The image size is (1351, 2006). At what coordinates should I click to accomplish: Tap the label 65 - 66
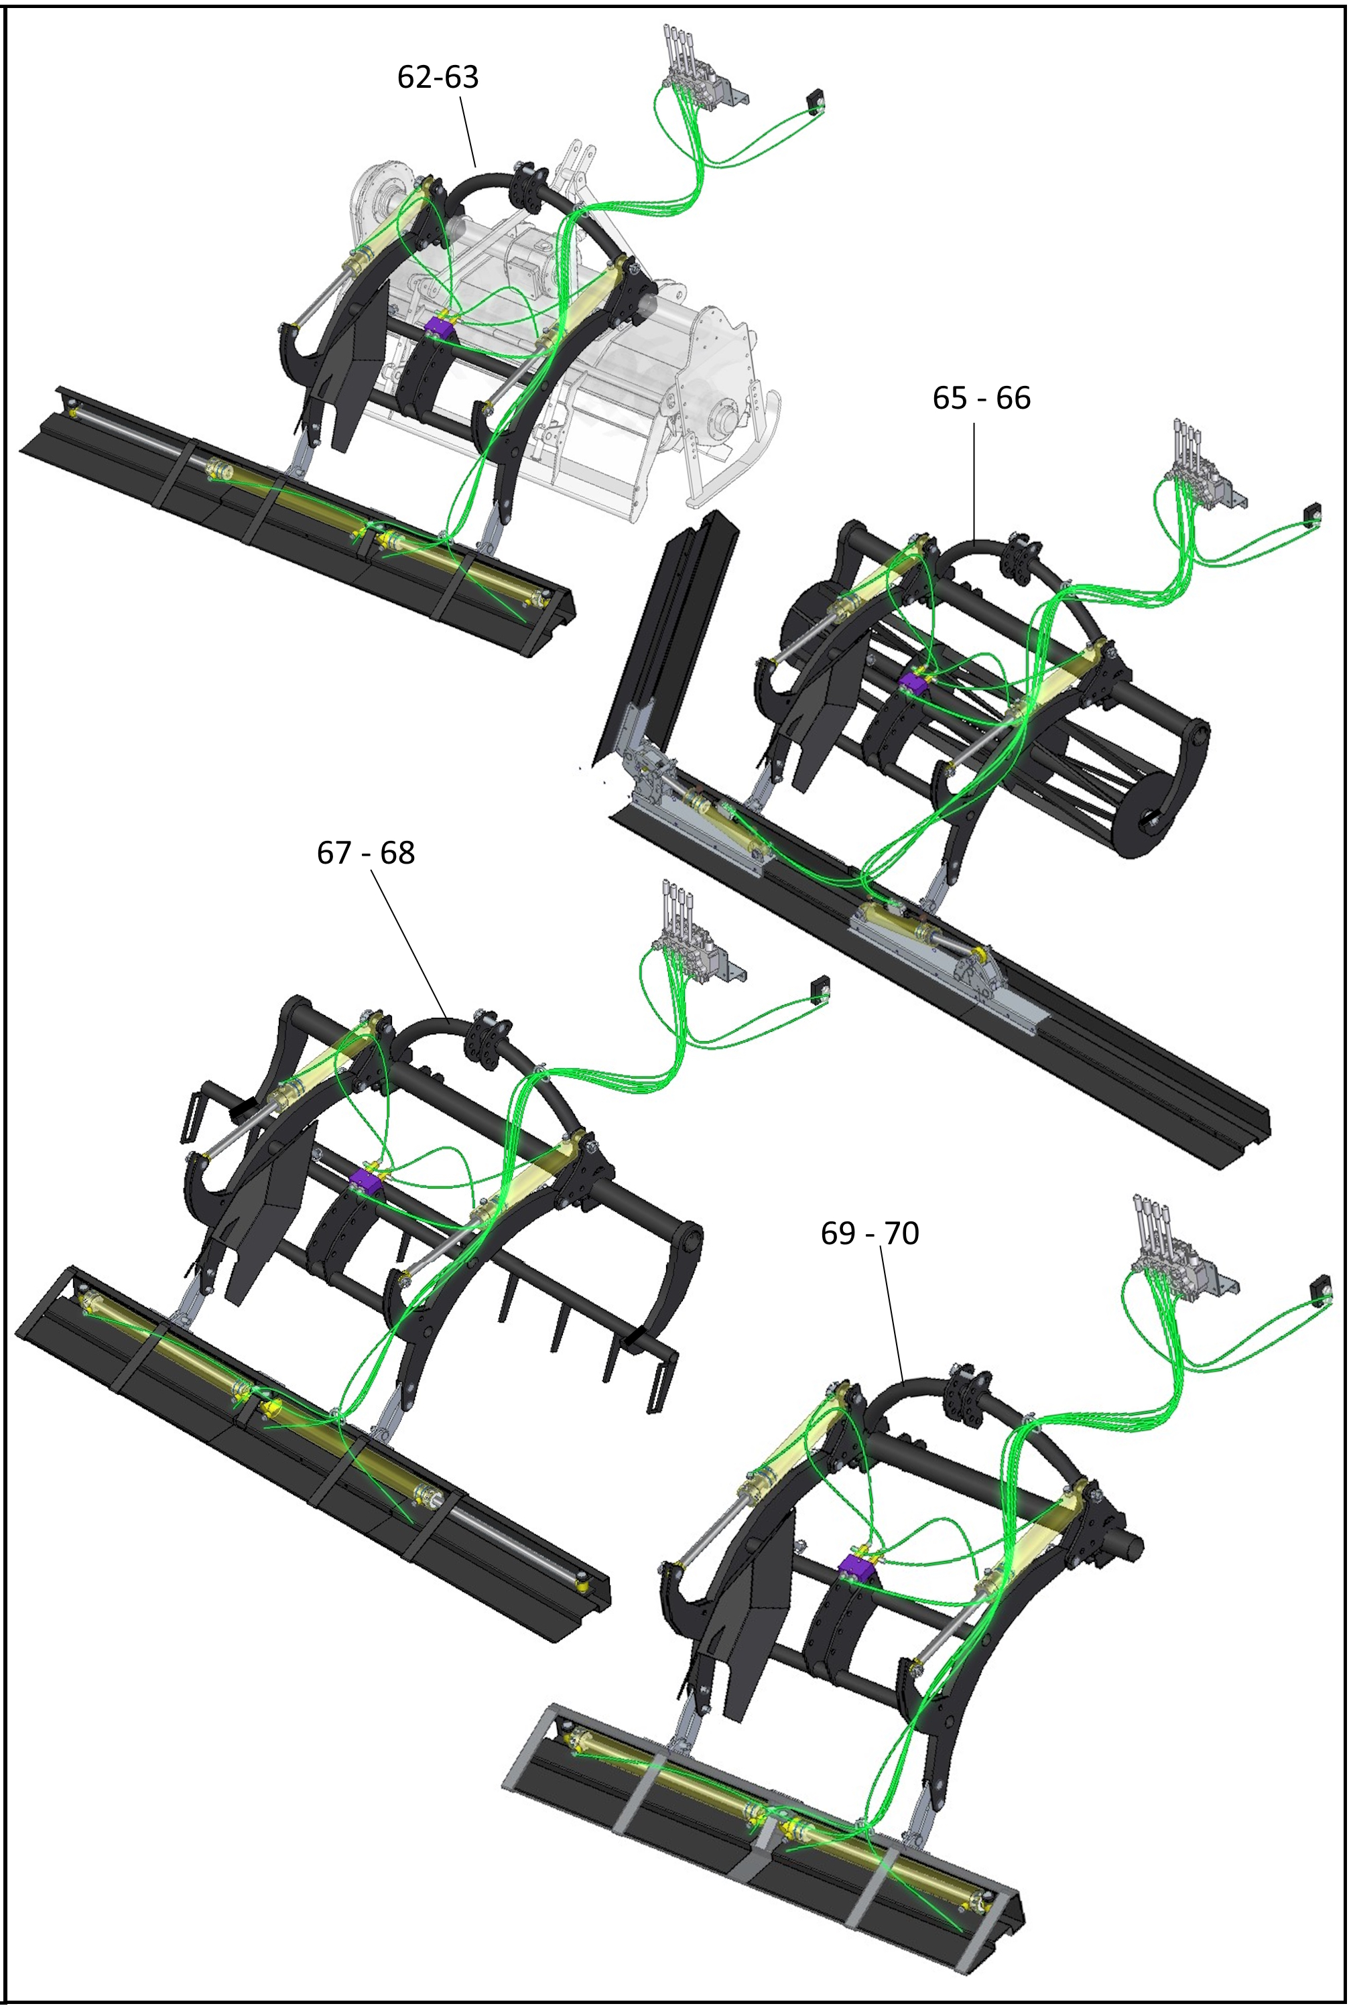[981, 398]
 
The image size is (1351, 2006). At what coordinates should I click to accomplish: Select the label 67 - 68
[365, 853]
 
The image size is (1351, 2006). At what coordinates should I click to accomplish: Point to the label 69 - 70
[869, 1233]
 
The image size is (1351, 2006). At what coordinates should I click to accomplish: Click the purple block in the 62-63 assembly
[440, 328]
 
